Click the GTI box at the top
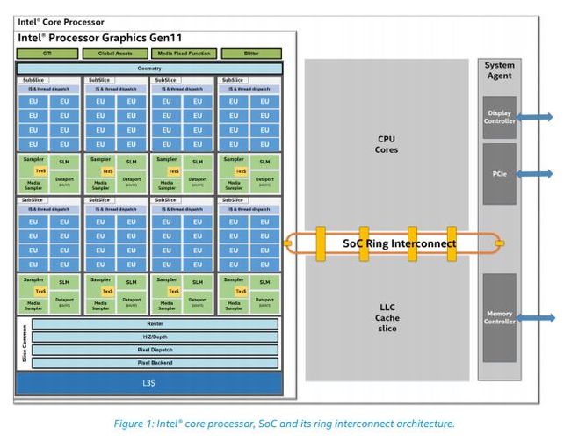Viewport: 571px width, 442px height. click(47, 54)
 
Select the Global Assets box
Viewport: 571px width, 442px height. click(115, 54)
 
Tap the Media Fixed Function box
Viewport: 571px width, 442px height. click(183, 54)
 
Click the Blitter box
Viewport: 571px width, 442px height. click(251, 54)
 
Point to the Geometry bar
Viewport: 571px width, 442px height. click(149, 69)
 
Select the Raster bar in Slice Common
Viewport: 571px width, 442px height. click(155, 323)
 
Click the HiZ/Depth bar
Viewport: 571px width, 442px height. click(155, 337)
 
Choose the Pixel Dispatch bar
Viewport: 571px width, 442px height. click(155, 350)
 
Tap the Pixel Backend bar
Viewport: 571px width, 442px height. click(155, 362)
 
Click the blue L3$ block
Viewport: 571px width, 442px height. click(149, 384)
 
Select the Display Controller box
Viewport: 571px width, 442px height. click(498, 116)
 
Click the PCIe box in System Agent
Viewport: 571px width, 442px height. click(498, 174)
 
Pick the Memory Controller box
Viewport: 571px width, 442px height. click(498, 317)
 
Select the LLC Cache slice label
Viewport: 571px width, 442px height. click(387, 318)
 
